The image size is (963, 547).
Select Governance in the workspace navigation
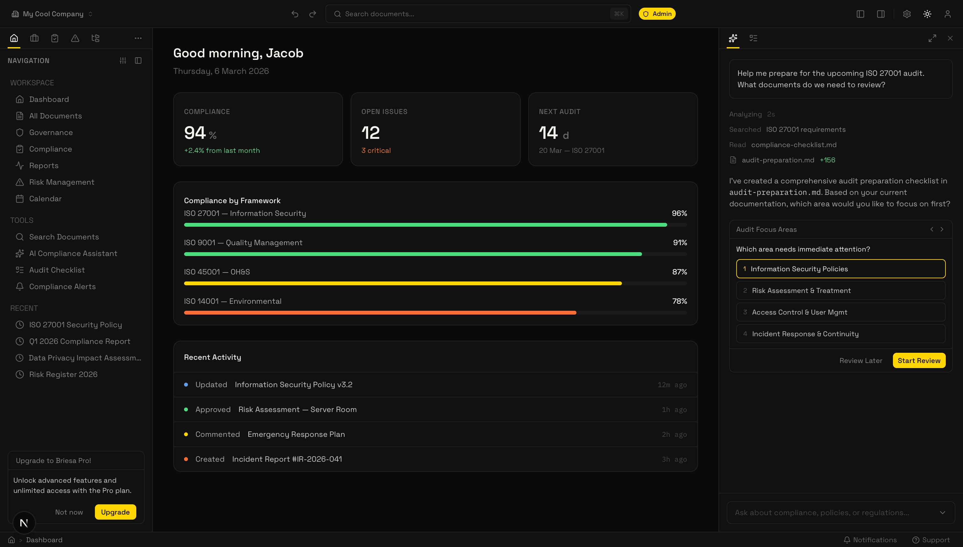point(51,133)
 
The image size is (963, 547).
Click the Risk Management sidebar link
point(61,182)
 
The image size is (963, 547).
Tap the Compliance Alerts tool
point(62,287)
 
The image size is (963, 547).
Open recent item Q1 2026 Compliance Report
point(80,342)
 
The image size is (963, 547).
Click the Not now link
point(69,512)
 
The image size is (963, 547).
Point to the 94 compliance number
point(195,133)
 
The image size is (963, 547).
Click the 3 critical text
point(376,151)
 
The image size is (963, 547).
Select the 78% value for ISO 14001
point(679,301)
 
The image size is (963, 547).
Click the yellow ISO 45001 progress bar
point(403,284)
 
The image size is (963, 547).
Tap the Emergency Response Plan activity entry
point(296,434)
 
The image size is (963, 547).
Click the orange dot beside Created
point(186,459)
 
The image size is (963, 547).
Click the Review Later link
point(860,361)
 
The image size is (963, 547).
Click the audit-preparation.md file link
point(778,160)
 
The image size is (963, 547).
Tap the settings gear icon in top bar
point(907,14)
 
